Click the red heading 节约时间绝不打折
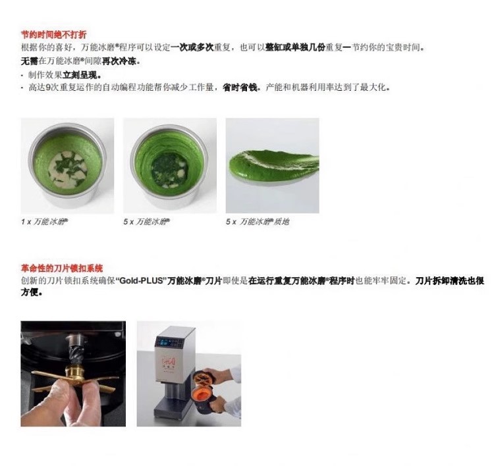click(53, 34)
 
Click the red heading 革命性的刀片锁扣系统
click(62, 269)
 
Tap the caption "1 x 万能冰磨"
click(44, 222)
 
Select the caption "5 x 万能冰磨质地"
click(258, 222)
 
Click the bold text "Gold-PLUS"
click(142, 280)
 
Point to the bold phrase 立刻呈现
click(82, 75)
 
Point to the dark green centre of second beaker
click(169, 170)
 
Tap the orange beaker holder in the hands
click(204, 387)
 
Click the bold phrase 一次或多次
click(192, 47)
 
